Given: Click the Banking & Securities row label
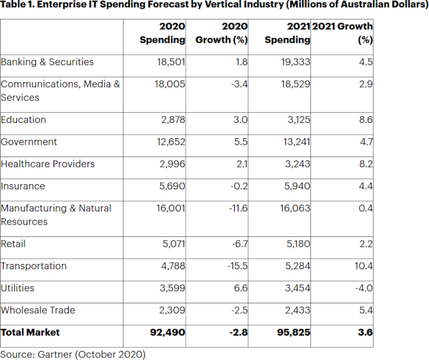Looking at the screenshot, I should point(47,62).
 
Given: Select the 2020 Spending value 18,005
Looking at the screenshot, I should point(170,84).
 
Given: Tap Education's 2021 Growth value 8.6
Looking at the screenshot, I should point(365,120).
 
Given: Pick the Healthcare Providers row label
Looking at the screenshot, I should point(47,164).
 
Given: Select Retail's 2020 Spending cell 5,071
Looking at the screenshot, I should point(173,244).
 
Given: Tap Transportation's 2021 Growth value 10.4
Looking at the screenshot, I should point(363,266).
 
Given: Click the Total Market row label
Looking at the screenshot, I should point(30,333).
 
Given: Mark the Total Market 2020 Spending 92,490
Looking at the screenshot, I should point(167,333).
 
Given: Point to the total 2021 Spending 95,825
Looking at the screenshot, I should point(292,333).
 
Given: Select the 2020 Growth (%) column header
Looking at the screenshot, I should point(222,34).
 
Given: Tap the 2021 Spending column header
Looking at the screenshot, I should point(288,34).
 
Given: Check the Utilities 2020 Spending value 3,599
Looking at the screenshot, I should point(173,288).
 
